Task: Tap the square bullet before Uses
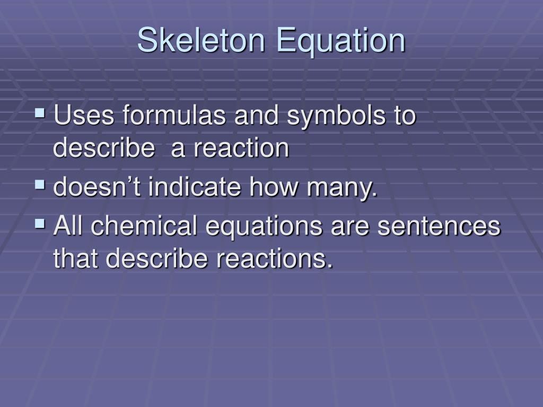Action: click(x=40, y=113)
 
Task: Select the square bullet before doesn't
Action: click(x=40, y=184)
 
